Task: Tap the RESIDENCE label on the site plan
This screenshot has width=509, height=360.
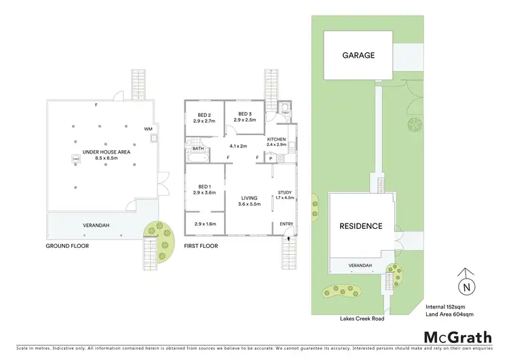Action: point(361,226)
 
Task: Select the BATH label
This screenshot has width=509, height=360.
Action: point(198,148)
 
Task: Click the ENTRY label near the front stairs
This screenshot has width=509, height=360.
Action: point(286,225)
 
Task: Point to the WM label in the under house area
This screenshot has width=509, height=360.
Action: point(148,128)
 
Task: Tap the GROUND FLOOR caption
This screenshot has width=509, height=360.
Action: point(67,246)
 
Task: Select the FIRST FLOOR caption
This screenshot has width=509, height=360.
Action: point(202,246)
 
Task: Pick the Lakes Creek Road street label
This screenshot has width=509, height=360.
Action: point(363,319)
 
